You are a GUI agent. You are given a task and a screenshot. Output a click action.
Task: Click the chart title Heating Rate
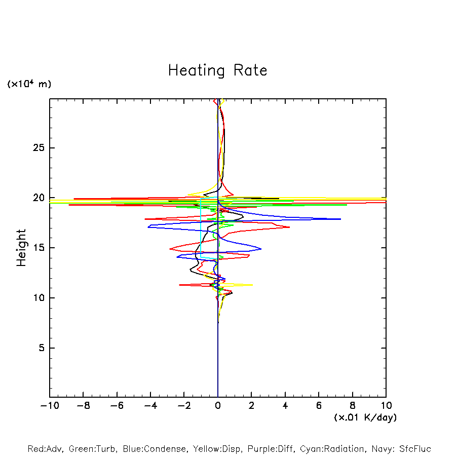click(217, 70)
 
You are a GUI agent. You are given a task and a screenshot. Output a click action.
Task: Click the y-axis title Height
click(21, 248)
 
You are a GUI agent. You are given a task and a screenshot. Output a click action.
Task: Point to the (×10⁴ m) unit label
click(29, 84)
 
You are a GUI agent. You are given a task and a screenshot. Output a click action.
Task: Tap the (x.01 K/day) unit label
click(365, 417)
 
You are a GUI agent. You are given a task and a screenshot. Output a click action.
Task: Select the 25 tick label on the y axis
click(36, 148)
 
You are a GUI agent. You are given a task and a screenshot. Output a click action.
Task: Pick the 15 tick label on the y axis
click(36, 248)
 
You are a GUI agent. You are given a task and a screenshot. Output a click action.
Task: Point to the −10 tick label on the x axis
click(49, 406)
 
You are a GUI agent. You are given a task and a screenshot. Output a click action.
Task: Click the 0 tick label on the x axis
click(218, 406)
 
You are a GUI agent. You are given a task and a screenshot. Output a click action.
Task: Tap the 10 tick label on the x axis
click(386, 406)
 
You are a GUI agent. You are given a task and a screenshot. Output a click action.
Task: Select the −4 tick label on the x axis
click(150, 406)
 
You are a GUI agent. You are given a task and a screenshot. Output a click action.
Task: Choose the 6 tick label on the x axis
click(319, 406)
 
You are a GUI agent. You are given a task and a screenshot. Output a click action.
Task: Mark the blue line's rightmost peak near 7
click(340, 219)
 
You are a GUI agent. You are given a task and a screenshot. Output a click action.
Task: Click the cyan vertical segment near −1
click(201, 228)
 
